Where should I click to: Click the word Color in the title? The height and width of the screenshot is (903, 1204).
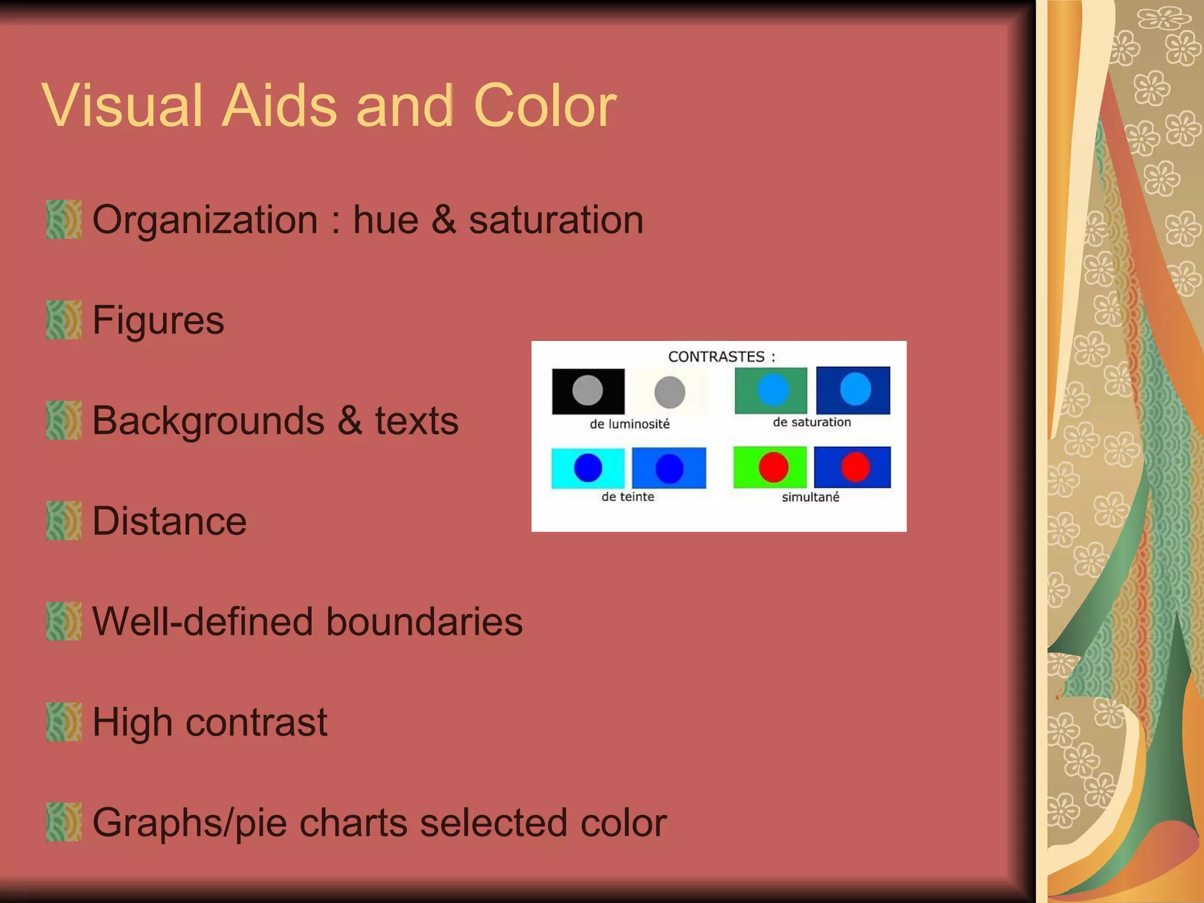[544, 106]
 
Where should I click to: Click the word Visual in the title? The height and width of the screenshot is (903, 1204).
[122, 106]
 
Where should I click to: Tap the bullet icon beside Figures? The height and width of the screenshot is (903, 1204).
[63, 320]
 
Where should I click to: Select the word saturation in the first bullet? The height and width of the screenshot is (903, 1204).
[556, 220]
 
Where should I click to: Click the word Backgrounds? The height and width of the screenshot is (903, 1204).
[208, 421]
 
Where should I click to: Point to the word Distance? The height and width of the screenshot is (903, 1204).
[169, 521]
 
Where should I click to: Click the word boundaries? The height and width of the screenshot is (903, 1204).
[424, 622]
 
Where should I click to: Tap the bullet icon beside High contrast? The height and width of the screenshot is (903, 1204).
[63, 722]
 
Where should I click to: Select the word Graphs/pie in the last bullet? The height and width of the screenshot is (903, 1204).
[189, 823]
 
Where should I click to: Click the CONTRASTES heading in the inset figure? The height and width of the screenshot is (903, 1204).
[716, 357]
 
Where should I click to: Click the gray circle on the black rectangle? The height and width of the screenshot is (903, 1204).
[587, 390]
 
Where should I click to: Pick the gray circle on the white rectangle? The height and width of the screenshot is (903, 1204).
[670, 392]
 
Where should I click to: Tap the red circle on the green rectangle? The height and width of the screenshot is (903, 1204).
[773, 467]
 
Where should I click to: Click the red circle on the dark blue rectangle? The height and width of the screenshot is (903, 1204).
[855, 467]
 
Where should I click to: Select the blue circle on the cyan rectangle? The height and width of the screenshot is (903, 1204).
[588, 468]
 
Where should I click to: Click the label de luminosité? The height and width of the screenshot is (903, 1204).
[630, 424]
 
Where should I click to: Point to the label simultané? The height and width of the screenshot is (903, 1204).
[810, 497]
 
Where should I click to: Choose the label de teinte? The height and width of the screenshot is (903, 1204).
[627, 497]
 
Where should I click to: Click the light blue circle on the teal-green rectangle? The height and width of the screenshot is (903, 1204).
[772, 390]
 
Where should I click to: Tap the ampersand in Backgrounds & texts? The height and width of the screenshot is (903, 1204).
[350, 421]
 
